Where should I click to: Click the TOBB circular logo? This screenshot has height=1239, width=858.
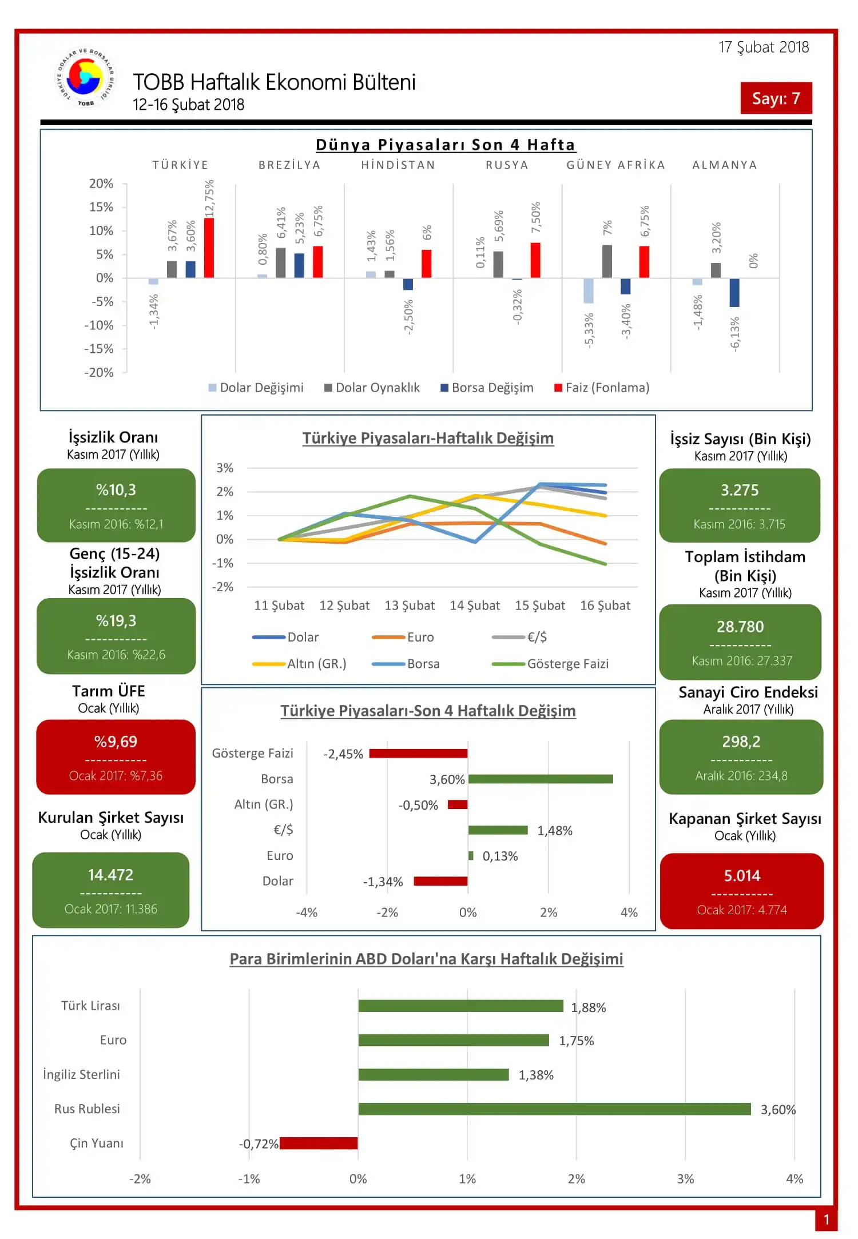pyautogui.click(x=85, y=78)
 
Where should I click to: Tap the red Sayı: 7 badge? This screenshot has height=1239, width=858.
pyautogui.click(x=776, y=98)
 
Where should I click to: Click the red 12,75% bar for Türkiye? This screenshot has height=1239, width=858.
pyautogui.click(x=209, y=248)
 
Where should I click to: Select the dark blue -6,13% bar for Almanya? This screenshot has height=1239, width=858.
pyautogui.click(x=734, y=292)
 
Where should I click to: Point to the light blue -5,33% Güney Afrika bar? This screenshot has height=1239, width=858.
pyautogui.click(x=589, y=290)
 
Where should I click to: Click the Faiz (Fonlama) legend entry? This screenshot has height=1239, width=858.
pyautogui.click(x=602, y=388)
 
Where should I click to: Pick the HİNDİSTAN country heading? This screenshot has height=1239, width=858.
pyautogui.click(x=398, y=165)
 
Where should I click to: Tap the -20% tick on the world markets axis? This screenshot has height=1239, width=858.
pyautogui.click(x=99, y=372)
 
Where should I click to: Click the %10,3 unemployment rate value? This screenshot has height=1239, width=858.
pyautogui.click(x=116, y=490)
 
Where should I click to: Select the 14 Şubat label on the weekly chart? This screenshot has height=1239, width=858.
pyautogui.click(x=474, y=605)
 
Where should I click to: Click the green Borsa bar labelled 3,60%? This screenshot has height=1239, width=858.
pyautogui.click(x=541, y=779)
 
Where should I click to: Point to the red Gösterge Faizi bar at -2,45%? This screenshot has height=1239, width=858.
pyautogui.click(x=418, y=754)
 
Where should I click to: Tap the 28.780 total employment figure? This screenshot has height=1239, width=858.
pyautogui.click(x=740, y=627)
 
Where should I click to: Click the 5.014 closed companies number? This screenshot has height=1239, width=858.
pyautogui.click(x=742, y=875)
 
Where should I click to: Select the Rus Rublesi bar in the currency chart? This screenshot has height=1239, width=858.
pyautogui.click(x=554, y=1109)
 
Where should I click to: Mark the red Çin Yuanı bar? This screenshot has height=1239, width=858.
pyautogui.click(x=319, y=1143)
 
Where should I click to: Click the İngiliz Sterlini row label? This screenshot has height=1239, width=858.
pyautogui.click(x=82, y=1075)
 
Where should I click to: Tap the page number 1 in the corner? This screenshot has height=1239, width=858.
pyautogui.click(x=826, y=1220)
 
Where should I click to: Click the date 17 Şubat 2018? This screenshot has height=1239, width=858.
pyautogui.click(x=764, y=47)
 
